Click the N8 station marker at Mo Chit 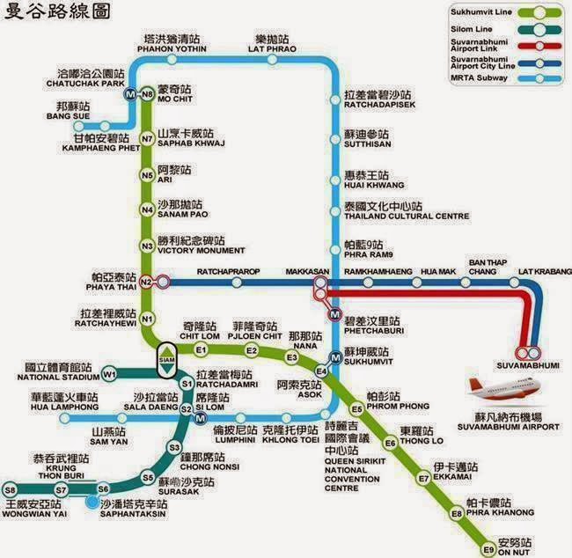(148, 94)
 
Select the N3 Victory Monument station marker (148, 241)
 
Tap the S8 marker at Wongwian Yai (11, 489)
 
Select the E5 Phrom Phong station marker (356, 409)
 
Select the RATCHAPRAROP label (229, 271)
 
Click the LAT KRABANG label (543, 271)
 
